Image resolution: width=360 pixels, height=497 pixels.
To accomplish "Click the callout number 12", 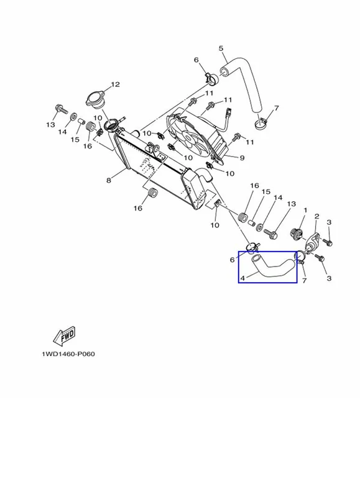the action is point(115,84).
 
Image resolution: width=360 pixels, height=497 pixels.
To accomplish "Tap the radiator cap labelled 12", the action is point(95,99).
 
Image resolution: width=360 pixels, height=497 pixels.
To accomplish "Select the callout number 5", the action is point(221,48).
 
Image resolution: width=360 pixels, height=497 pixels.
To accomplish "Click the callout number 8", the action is point(109,180).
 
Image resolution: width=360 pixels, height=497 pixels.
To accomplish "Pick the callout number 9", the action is point(242,158).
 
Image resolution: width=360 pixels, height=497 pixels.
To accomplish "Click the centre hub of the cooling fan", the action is point(189,137).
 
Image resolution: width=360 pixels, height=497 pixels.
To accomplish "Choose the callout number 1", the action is point(306,210).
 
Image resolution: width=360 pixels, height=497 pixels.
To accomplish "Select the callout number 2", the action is point(317,216).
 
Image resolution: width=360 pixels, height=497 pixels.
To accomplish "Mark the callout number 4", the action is point(242,278).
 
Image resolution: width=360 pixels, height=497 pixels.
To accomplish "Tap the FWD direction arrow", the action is point(65,335).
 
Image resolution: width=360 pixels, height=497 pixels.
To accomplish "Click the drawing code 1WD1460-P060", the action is point(68,354).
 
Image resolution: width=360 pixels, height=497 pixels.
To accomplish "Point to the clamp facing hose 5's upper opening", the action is point(211,79).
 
